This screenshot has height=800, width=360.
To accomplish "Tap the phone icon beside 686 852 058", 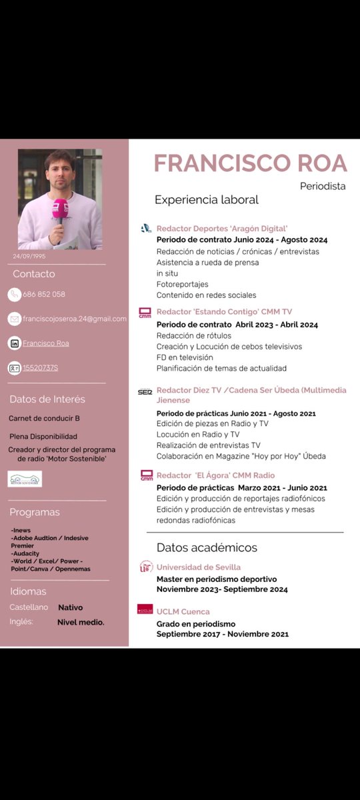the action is click(x=15, y=294).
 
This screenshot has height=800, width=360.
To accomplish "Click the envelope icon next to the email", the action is click(x=15, y=319).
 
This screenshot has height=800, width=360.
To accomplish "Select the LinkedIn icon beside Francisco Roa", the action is click(x=15, y=343).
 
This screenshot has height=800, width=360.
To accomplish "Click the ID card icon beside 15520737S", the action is click(x=15, y=367).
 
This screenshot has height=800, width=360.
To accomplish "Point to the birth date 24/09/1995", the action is click(x=29, y=256).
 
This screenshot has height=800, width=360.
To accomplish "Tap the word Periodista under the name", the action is click(x=323, y=187).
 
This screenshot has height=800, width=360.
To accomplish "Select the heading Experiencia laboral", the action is click(x=207, y=200).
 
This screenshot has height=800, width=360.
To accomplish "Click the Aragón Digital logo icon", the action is click(x=146, y=228).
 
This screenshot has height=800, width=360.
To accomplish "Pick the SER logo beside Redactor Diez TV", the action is click(x=145, y=391).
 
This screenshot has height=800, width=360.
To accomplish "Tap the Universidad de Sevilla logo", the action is click(x=145, y=567).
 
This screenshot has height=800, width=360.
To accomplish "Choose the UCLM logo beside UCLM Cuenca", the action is click(x=145, y=609).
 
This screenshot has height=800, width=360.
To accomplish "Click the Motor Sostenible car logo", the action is click(x=25, y=479).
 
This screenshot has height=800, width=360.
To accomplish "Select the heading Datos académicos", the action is click(x=207, y=547).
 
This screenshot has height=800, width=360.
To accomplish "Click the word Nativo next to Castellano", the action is click(x=70, y=607).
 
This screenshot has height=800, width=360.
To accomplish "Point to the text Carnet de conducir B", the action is click(x=45, y=419).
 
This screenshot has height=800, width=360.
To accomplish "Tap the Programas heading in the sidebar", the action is click(x=35, y=512).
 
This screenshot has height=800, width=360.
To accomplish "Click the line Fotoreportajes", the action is click(x=183, y=284).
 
